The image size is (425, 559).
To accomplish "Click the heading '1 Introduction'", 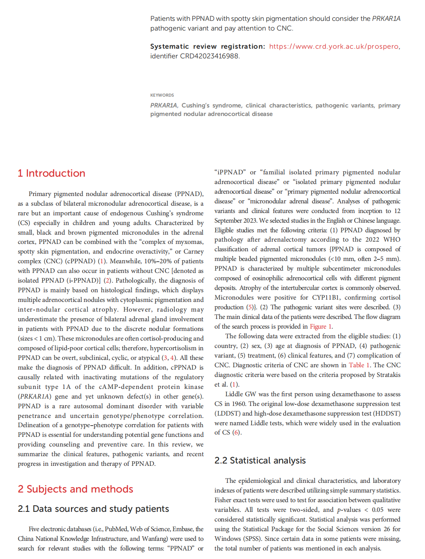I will (51, 173).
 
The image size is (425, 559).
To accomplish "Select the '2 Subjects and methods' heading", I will (75, 489).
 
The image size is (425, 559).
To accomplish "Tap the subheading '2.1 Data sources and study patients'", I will (93, 509).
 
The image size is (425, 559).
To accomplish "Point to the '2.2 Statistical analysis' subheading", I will (260, 460).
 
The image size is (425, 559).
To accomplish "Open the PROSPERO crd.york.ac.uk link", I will (334, 46).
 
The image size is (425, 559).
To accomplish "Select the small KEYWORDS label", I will (162, 95).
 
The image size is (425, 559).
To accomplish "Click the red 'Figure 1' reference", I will (321, 326).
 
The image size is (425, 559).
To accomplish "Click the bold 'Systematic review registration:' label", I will (207, 46).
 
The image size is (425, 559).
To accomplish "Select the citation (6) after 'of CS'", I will (236, 432).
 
